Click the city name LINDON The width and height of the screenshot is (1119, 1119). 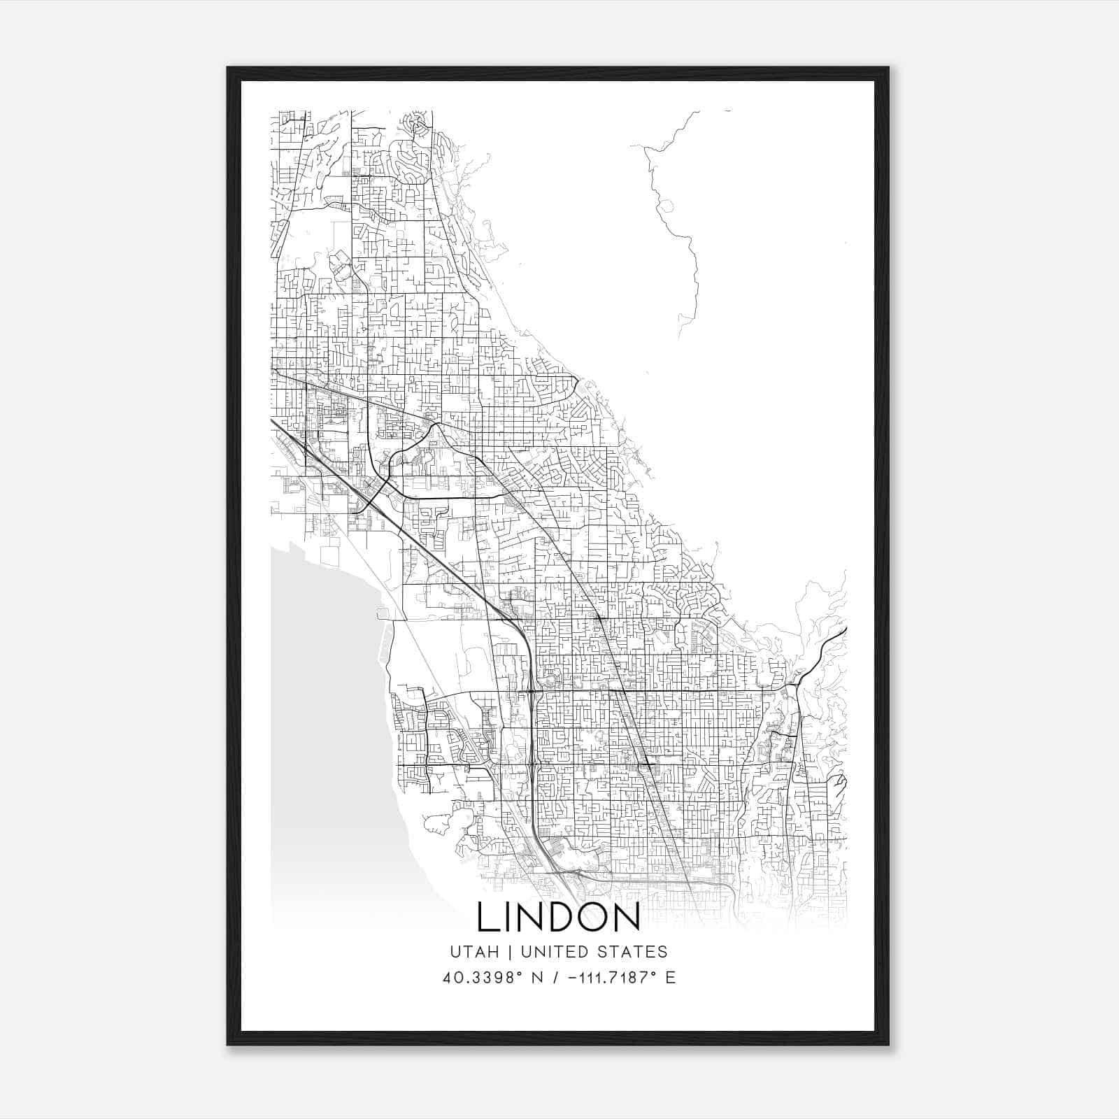558,918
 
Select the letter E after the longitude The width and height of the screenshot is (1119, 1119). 670,978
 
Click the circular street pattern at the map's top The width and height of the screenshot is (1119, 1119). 421,124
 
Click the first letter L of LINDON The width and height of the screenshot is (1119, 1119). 487,918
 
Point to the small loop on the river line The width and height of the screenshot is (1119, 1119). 667,206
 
